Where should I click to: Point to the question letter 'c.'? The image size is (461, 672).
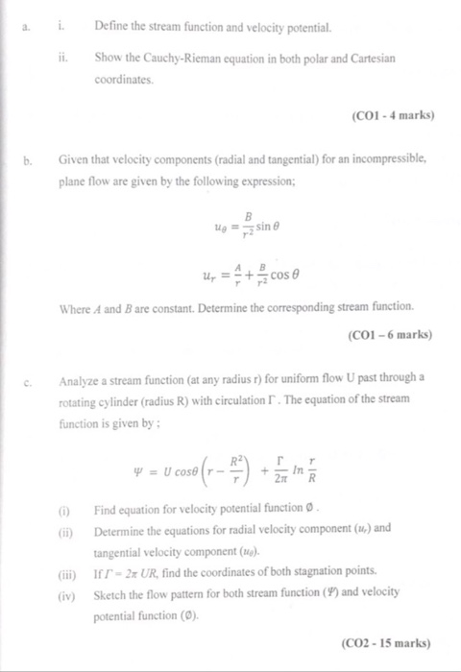(28, 378)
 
